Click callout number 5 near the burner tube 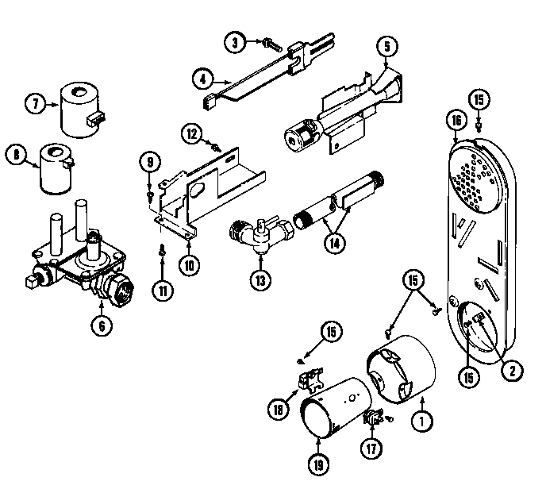tap(385, 46)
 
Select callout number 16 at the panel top tap(454, 121)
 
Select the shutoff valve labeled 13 tap(256, 235)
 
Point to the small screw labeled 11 tap(161, 251)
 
